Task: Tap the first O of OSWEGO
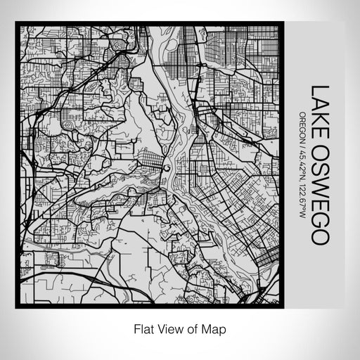[320, 148]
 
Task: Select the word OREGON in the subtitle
[302, 126]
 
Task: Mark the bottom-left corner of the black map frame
[17, 307]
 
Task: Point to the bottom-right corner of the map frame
[279, 307]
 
